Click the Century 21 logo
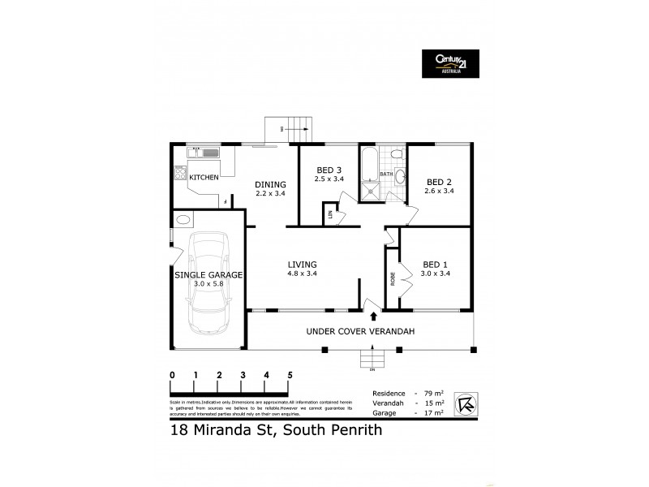click(449, 62)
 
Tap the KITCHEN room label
click(204, 176)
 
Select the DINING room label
click(270, 184)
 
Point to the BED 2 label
click(438, 181)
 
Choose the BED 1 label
click(436, 265)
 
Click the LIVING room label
click(302, 265)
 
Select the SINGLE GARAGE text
click(208, 276)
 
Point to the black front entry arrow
click(373, 316)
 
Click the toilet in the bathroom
click(396, 153)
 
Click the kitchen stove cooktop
click(178, 172)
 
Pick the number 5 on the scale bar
click(290, 375)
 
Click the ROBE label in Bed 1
click(393, 279)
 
